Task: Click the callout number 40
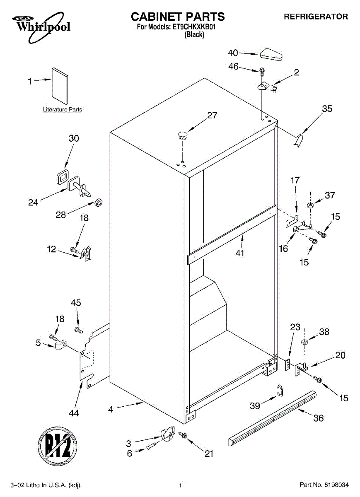tap(233, 53)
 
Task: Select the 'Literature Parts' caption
tap(63, 110)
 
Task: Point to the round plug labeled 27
tap(182, 134)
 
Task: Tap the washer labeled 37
tap(311, 206)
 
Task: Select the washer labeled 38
tap(304, 342)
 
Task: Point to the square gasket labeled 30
tap(62, 177)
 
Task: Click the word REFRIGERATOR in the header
tap(316, 17)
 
